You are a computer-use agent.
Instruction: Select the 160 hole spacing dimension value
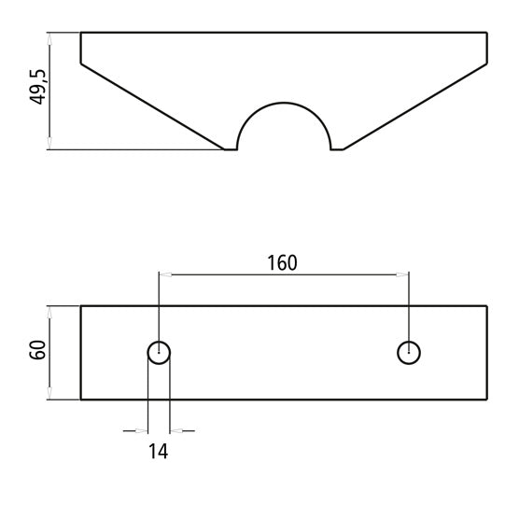[x=282, y=263]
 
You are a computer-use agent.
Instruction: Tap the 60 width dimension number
[x=37, y=353]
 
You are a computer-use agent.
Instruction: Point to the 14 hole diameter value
[x=159, y=452]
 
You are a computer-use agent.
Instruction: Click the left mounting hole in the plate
[x=160, y=352]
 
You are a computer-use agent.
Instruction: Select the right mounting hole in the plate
[x=408, y=352]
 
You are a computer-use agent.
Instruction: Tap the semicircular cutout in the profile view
[x=284, y=126]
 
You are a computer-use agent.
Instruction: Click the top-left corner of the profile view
[x=81, y=34]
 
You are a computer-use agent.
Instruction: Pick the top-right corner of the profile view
[x=487, y=34]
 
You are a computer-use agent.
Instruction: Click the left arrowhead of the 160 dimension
[x=165, y=274]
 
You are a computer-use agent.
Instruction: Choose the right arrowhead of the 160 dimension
[x=402, y=274]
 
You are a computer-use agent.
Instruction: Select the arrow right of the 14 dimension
[x=176, y=430]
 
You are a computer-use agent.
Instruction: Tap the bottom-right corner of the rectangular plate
[x=487, y=400]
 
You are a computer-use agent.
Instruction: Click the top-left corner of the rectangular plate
[x=81, y=306]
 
